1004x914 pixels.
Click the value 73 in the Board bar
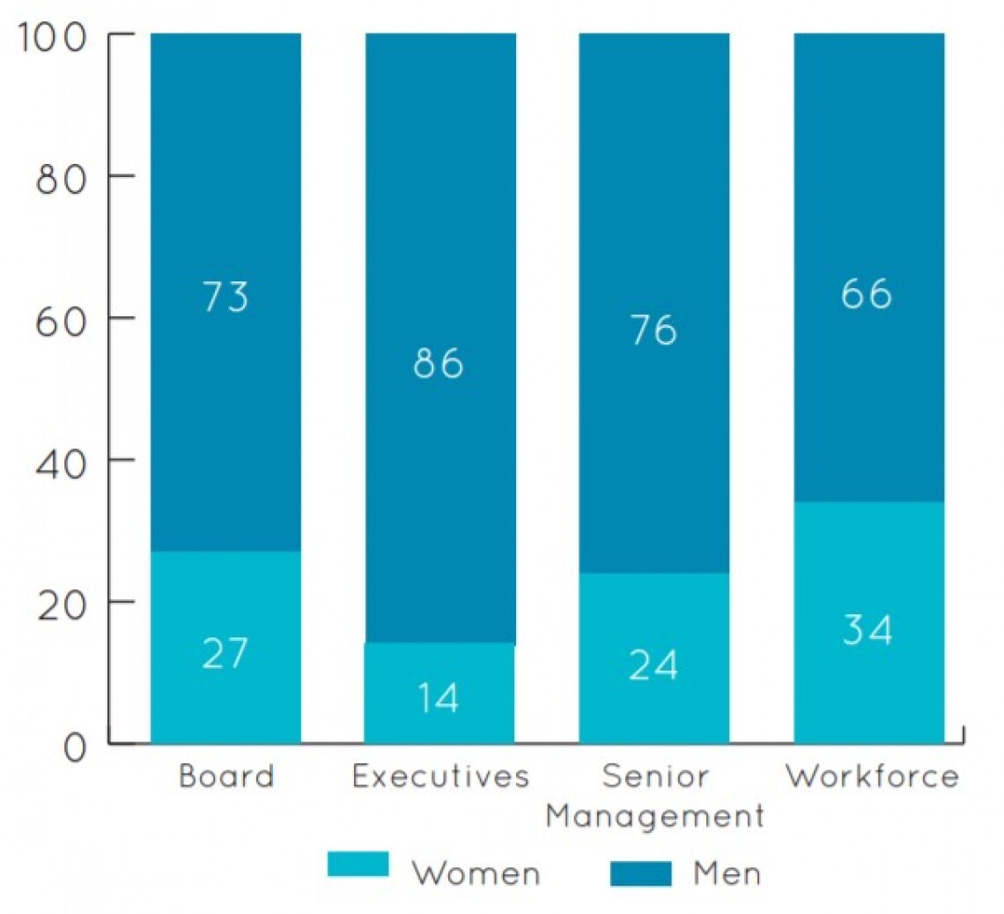[x=225, y=297]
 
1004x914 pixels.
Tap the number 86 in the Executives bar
[x=439, y=363]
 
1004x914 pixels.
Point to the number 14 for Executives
[x=439, y=699]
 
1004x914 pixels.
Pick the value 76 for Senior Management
[x=653, y=331]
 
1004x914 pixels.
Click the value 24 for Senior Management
[x=653, y=666]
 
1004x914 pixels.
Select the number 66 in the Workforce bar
[x=867, y=294]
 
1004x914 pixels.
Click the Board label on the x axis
[x=226, y=777]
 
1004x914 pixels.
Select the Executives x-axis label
[x=440, y=777]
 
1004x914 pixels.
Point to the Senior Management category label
[x=654, y=797]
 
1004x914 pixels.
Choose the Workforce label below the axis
[x=872, y=777]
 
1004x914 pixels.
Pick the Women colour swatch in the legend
[x=358, y=864]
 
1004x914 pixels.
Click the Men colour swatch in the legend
[x=640, y=873]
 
